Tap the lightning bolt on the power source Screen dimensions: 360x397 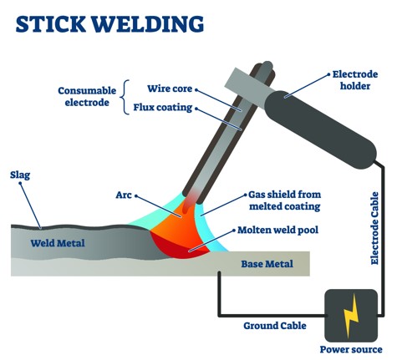[351, 315]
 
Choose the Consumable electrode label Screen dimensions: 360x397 [87, 97]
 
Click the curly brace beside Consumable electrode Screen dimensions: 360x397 [125, 97]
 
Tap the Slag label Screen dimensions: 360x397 [20, 175]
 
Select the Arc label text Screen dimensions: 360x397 [124, 195]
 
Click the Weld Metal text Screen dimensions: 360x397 [61, 243]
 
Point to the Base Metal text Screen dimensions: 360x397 [267, 264]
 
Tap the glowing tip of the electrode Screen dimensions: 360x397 [192, 198]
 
